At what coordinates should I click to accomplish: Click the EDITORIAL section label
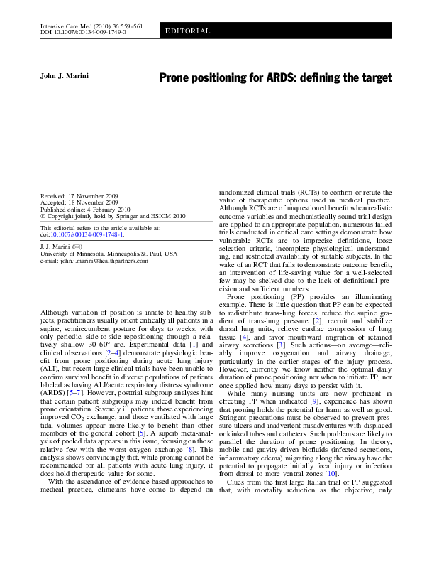click(188, 31)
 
